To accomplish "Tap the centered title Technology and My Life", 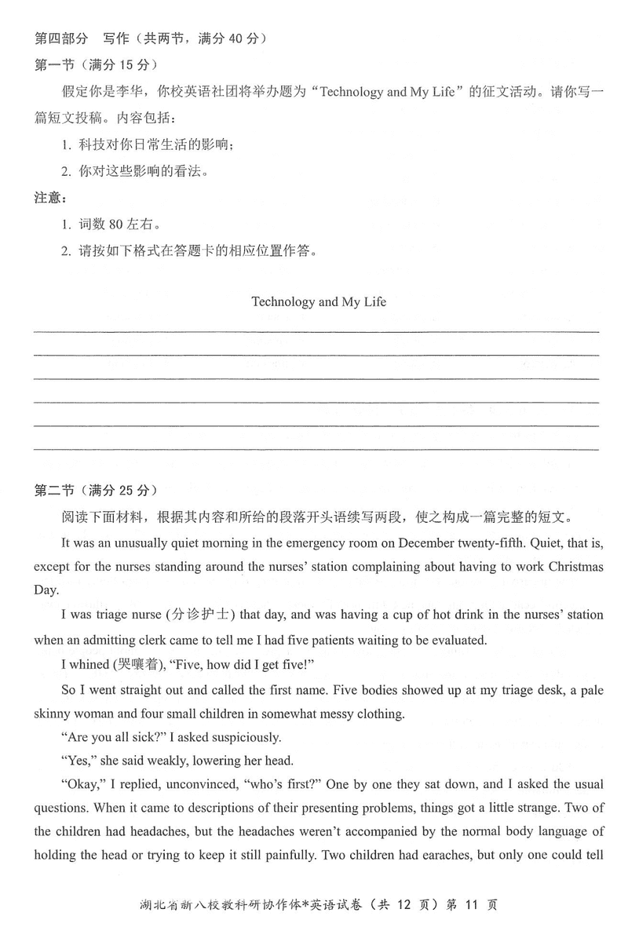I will click(319, 301).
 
